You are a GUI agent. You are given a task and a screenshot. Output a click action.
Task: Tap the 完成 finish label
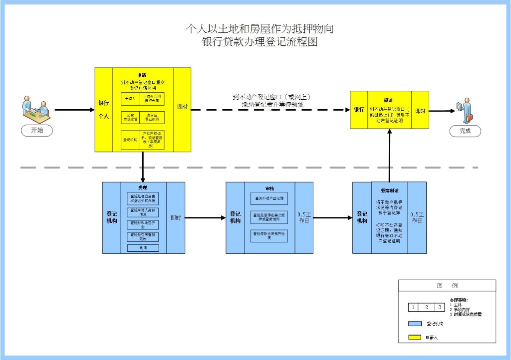click(x=465, y=132)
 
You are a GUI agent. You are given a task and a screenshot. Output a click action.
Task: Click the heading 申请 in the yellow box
click(x=143, y=74)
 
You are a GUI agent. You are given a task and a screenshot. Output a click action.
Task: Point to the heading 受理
click(x=143, y=188)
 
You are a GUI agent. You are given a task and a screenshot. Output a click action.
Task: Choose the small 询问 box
click(x=143, y=248)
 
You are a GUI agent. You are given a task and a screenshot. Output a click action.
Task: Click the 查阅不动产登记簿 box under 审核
click(x=269, y=198)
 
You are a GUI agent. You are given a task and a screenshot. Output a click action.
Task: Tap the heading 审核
click(x=269, y=188)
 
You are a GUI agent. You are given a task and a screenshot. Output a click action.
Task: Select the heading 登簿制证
click(x=389, y=190)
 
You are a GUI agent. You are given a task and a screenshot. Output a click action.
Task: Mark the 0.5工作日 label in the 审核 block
click(x=304, y=218)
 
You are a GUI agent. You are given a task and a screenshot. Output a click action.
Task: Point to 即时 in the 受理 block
click(x=176, y=218)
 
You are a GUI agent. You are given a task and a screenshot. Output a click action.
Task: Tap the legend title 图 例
click(x=447, y=286)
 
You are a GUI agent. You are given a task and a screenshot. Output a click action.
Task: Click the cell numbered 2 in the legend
click(x=426, y=307)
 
